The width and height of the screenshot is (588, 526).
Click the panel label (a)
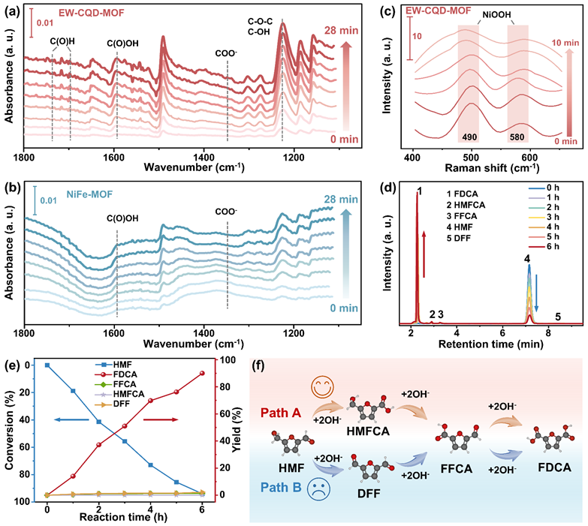pyautogui.click(x=12, y=9)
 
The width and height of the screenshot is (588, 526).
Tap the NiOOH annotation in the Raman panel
pyautogui.click(x=490, y=13)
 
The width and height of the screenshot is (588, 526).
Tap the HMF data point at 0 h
pyautogui.click(x=47, y=365)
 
